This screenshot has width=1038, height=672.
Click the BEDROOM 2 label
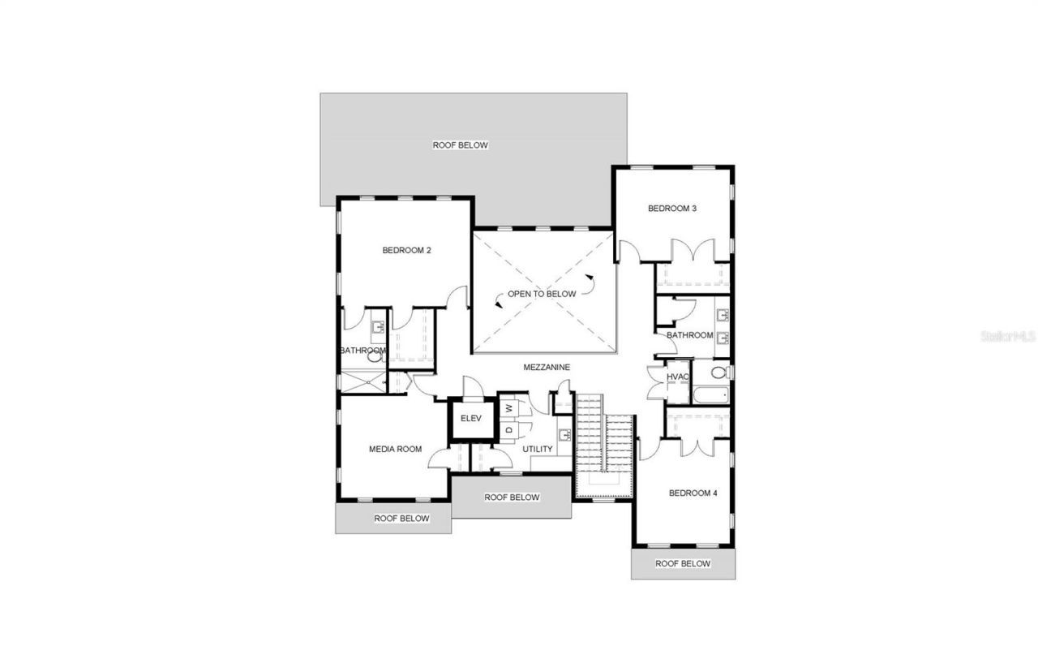[406, 251]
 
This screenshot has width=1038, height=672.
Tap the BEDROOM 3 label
[672, 209]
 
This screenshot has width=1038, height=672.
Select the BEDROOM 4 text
[693, 493]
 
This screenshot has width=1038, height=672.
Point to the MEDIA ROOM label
[395, 449]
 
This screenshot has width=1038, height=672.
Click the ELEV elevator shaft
[471, 419]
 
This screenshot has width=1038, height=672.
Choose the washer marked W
[508, 407]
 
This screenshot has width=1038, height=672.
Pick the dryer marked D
[508, 429]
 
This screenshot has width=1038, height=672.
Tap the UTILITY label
[538, 449]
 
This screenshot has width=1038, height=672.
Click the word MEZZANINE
[546, 367]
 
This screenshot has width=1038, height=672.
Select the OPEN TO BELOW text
[542, 294]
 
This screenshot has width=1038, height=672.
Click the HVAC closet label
[678, 377]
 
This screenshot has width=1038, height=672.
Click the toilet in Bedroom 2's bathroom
[375, 355]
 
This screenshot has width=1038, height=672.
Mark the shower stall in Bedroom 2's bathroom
[364, 382]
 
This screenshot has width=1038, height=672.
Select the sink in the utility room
[564, 435]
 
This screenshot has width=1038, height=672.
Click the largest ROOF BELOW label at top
[460, 145]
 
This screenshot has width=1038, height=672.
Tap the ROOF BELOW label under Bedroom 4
[683, 563]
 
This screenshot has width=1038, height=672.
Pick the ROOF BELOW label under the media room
[401, 518]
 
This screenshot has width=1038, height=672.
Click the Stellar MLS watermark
[1008, 335]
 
